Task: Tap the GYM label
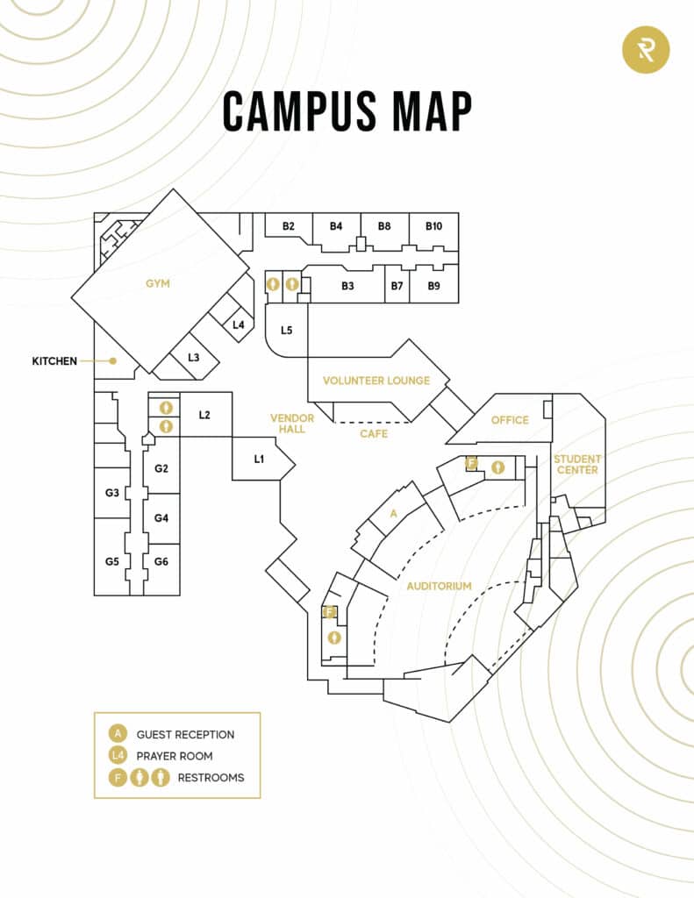click(158, 283)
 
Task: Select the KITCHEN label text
click(54, 360)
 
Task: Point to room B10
click(434, 226)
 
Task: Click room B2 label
click(288, 226)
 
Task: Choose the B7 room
click(397, 286)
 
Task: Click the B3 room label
click(347, 286)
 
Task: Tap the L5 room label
click(286, 331)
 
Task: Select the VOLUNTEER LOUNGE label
click(376, 381)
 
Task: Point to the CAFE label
click(374, 433)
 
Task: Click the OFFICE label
click(510, 420)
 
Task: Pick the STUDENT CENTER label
click(577, 464)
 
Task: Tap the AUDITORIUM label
click(440, 586)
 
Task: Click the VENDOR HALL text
click(287, 424)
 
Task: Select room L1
click(259, 459)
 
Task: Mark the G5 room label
click(111, 561)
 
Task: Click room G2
click(161, 468)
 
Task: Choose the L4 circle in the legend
click(118, 755)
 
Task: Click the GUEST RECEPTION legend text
click(185, 734)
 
